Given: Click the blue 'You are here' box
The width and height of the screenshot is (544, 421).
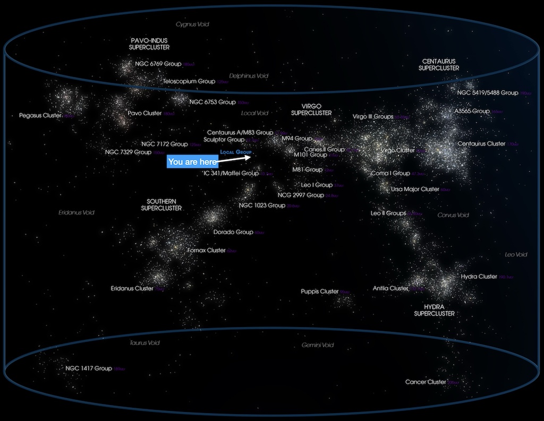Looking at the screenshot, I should tap(192, 161).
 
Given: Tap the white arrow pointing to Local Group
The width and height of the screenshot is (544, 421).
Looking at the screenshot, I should tap(234, 157).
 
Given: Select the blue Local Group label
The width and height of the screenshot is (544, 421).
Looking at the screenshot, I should tap(235, 152).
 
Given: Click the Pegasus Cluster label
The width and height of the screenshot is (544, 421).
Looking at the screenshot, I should tap(40, 115).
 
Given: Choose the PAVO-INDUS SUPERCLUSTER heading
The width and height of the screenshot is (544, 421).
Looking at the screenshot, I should tap(149, 44).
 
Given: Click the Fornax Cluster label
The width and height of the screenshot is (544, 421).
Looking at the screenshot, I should tap(207, 250).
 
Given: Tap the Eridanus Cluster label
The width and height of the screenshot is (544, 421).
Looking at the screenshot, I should tap(132, 288).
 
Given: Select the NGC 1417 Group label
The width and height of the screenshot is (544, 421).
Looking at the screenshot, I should tap(89, 368).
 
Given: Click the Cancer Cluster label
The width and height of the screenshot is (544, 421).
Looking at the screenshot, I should tap(426, 382).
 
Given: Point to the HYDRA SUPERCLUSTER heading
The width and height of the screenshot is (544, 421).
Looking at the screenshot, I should tap(434, 310).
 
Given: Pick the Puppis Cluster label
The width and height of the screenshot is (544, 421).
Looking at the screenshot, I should tap(320, 291).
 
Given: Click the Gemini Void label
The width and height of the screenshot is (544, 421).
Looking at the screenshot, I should tap(318, 345).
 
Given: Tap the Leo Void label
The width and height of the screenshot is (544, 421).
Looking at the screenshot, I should tap(516, 255).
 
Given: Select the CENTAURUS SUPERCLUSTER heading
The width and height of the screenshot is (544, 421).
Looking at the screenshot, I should tap(438, 64).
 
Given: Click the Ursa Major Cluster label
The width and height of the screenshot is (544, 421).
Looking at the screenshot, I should tap(415, 189).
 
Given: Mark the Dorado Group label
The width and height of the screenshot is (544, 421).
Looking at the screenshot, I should tap(233, 232).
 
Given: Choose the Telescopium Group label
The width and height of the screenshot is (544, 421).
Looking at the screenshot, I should tap(189, 81).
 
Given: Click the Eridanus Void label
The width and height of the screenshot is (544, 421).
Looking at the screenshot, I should tap(76, 212).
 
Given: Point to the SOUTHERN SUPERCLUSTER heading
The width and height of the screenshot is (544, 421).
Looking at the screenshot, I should tap(161, 204).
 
